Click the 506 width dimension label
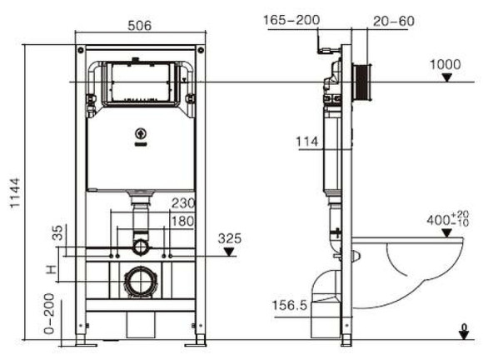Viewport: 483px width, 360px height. [x=140, y=26]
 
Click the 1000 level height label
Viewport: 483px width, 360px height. [x=446, y=64]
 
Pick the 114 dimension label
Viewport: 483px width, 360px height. [x=307, y=142]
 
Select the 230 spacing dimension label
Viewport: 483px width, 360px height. [x=182, y=202]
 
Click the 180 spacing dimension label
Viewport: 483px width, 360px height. [x=182, y=221]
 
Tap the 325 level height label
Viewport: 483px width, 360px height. [x=231, y=237]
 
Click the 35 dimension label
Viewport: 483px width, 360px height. [x=57, y=232]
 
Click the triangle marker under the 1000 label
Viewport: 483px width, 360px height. [x=448, y=77]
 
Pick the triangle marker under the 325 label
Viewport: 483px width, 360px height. [x=231, y=250]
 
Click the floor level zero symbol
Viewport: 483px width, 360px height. [x=464, y=332]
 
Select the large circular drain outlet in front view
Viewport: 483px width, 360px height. [x=139, y=282]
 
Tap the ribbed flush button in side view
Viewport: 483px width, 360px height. [x=362, y=82]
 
